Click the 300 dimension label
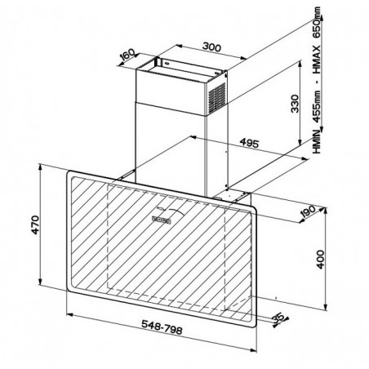click(x=211, y=47)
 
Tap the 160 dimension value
click(x=127, y=55)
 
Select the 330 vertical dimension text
click(x=295, y=104)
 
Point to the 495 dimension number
click(x=249, y=143)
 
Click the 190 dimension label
click(x=308, y=211)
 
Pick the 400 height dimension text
click(x=320, y=260)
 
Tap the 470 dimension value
click(x=35, y=225)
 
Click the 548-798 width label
click(x=162, y=327)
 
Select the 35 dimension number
click(x=278, y=318)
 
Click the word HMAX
click(x=317, y=60)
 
